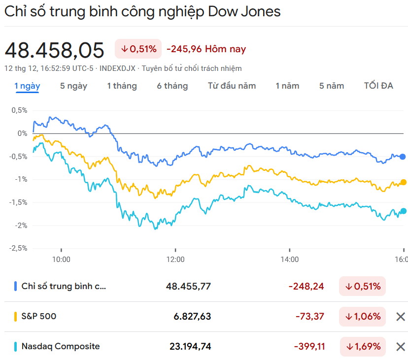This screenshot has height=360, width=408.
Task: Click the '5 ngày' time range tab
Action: click(x=73, y=86)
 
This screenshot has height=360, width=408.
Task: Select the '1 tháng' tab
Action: click(x=122, y=86)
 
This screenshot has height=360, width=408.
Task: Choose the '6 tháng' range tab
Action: click(x=172, y=86)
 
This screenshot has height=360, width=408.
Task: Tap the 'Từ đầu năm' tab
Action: click(x=232, y=86)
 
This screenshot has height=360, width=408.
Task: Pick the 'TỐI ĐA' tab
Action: click(x=378, y=86)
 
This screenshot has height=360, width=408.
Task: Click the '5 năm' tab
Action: click(x=332, y=86)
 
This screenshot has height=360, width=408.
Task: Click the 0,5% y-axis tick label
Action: click(x=19, y=110)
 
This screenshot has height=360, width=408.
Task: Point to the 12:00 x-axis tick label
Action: click(x=175, y=260)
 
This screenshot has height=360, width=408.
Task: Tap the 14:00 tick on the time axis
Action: click(x=290, y=260)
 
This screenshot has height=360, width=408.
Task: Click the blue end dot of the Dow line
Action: click(x=403, y=157)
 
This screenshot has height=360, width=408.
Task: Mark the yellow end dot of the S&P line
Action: click(x=404, y=182)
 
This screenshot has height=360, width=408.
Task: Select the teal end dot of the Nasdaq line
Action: click(x=404, y=211)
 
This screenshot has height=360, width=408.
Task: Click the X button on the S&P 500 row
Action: click(x=401, y=317)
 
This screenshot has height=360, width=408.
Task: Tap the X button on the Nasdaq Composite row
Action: click(x=401, y=347)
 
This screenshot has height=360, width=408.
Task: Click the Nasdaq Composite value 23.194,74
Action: click(x=190, y=347)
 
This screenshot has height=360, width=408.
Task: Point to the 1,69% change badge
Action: click(x=362, y=347)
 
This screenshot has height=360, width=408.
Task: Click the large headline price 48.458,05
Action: click(x=55, y=50)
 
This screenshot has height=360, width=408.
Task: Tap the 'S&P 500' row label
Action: click(x=39, y=317)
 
